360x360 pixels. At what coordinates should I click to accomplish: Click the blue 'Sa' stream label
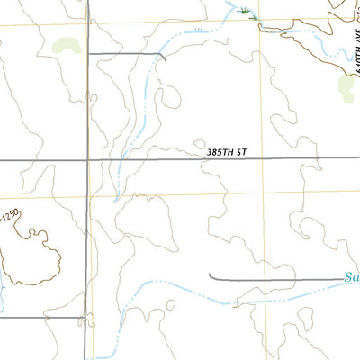pos(352,279)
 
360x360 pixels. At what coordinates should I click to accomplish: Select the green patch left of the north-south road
pos(66,44)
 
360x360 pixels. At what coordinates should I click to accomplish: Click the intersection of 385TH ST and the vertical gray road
pos(88,160)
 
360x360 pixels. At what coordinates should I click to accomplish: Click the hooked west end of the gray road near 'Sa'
pos(211,275)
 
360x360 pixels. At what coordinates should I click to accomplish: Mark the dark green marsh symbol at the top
pos(247,11)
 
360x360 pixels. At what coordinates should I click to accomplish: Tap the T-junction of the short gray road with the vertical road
pos(88,54)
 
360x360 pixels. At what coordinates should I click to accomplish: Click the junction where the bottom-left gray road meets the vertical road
pos(87,317)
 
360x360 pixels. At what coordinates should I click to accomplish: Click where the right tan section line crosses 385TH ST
pos(266,158)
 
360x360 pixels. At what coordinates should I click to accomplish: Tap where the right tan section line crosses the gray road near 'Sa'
pos(266,279)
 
